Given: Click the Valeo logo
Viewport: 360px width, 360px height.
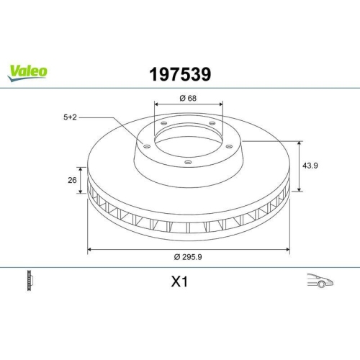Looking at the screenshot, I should tap(28, 71).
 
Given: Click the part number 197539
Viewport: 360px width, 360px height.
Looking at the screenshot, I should tap(180, 73).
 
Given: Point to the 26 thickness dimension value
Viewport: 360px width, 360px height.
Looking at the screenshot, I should tap(71, 180).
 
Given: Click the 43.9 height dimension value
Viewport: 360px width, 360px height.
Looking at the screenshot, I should tap(310, 166).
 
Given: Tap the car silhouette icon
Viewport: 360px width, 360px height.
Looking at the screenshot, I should tap(318, 281).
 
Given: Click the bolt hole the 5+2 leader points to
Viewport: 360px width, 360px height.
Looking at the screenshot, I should tap(148, 146).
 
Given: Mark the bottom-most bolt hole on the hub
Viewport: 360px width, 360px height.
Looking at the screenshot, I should tap(188, 162).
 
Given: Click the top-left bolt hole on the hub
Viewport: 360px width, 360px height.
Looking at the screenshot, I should tap(164, 124).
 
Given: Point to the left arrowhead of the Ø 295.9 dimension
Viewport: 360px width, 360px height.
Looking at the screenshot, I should tap(89, 250).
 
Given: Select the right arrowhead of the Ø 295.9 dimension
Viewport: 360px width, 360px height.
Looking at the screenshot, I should tap(288, 250).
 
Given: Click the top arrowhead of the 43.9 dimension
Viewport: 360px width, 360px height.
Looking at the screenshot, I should tap(300, 143).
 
